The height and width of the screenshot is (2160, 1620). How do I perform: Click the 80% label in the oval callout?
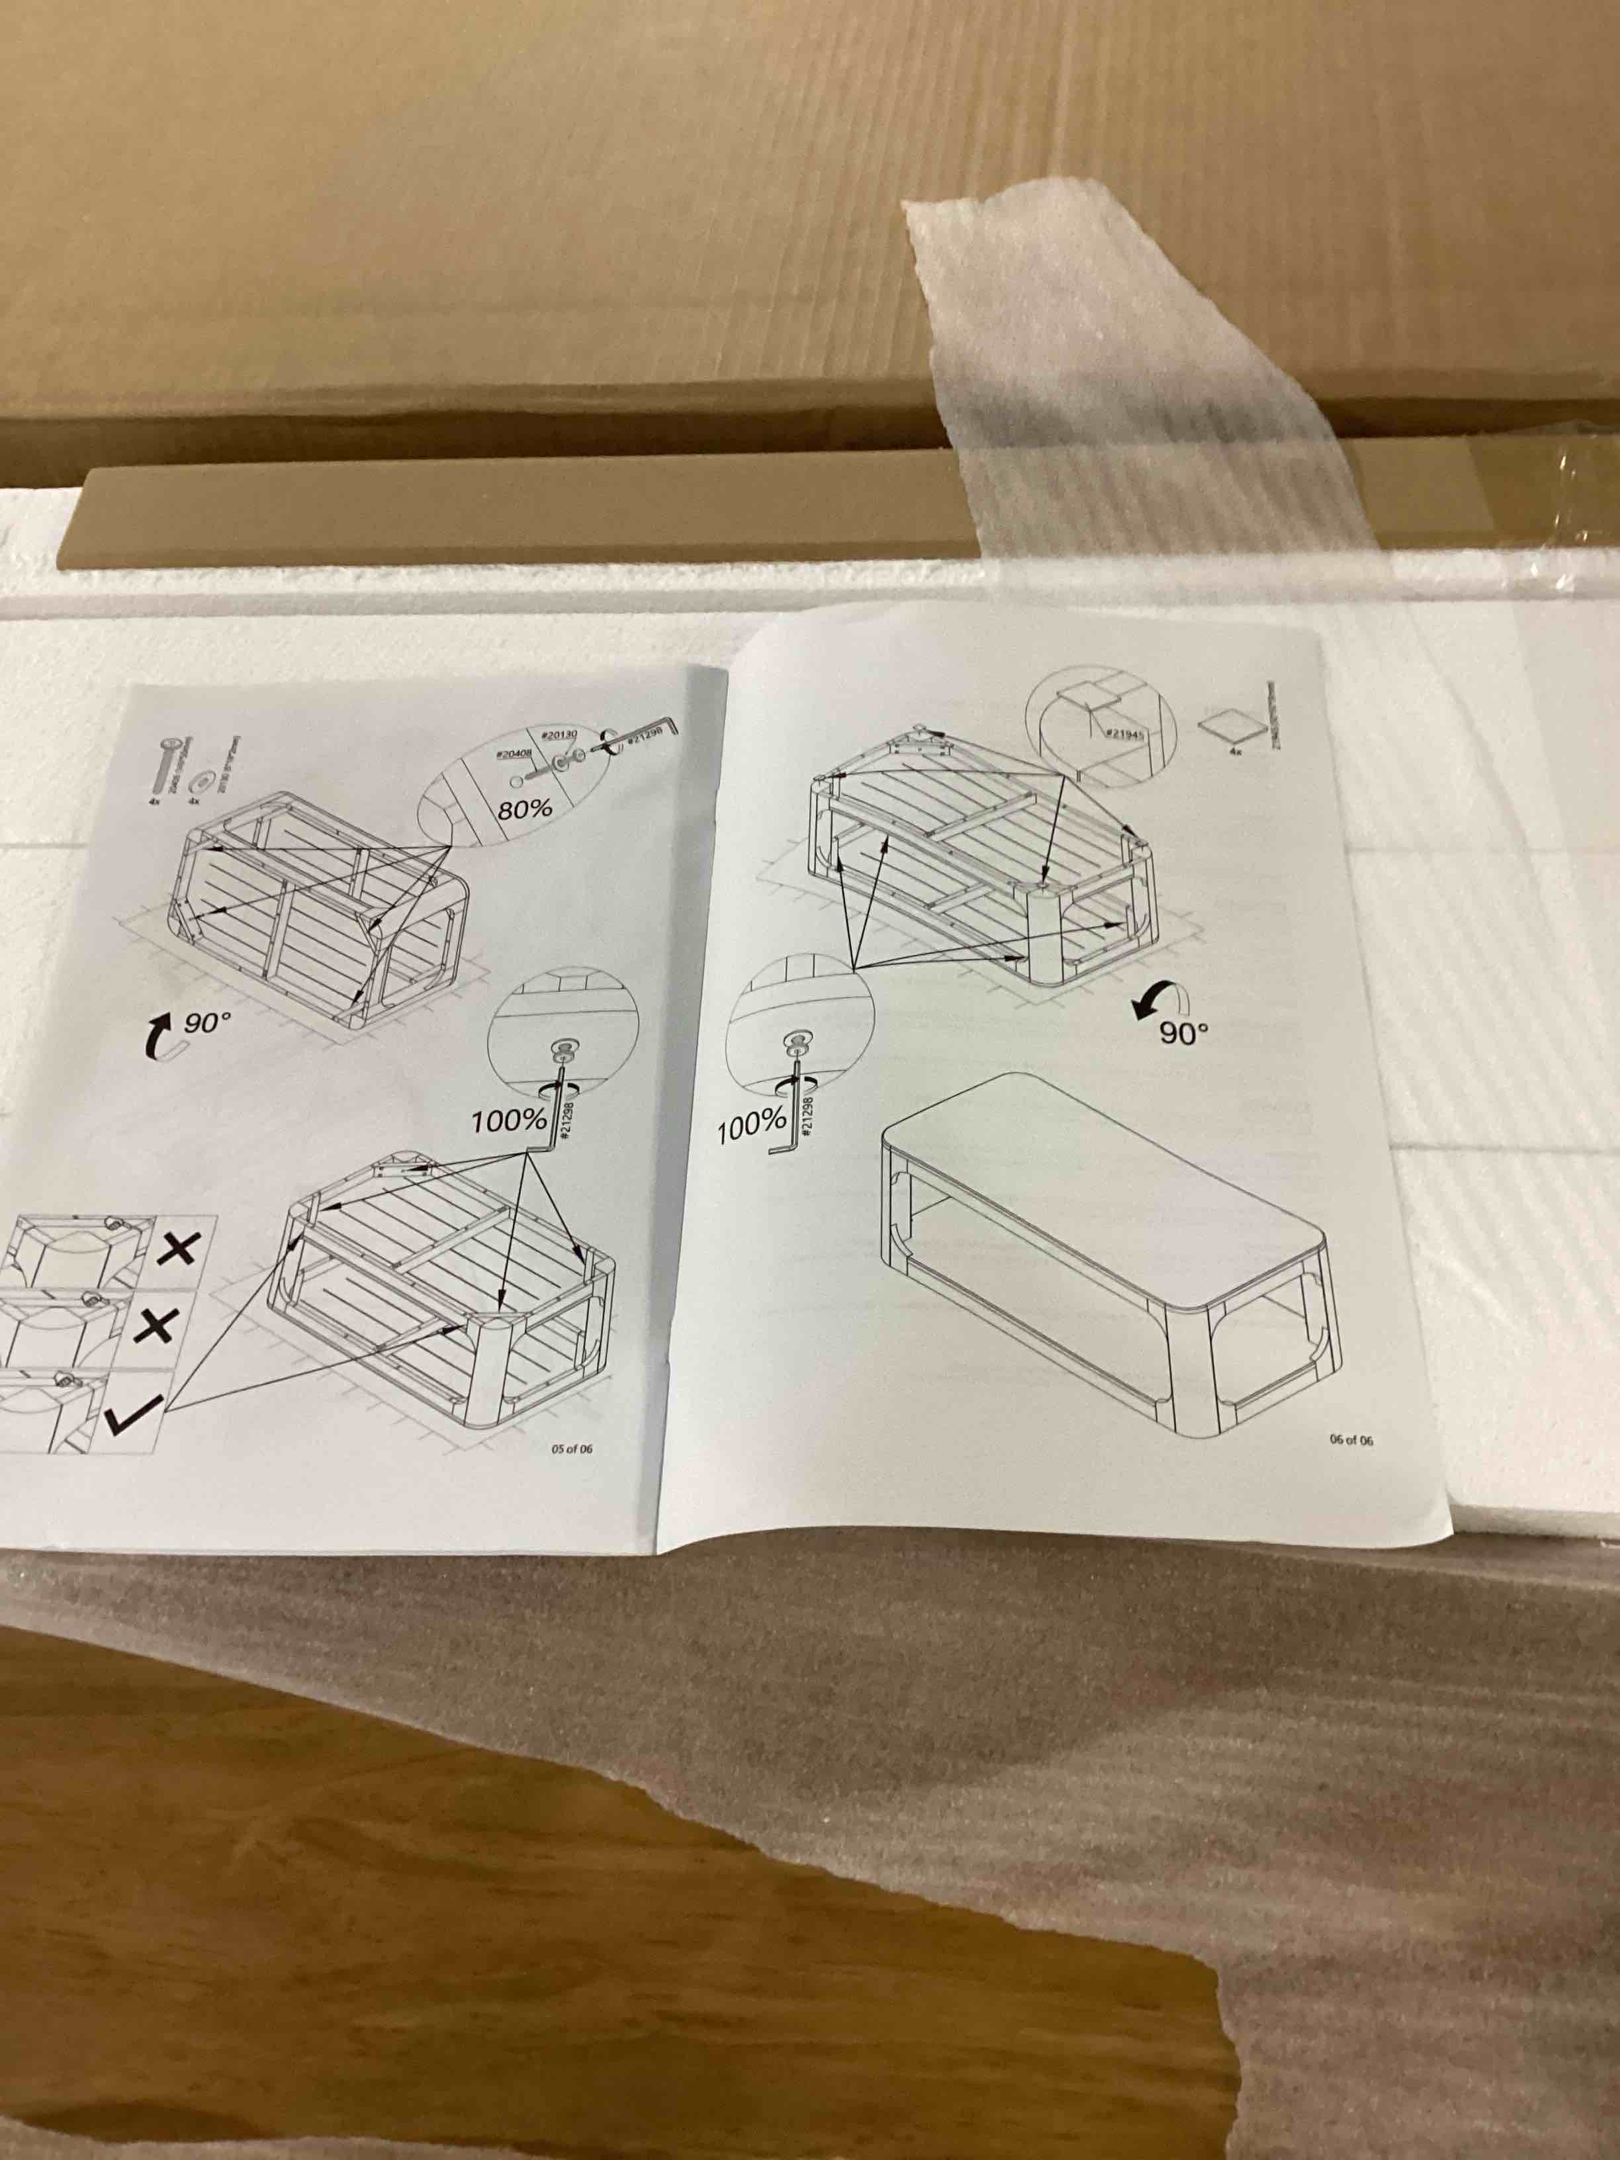click(x=525, y=809)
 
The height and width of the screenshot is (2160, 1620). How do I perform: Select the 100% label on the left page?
click(x=509, y=1122)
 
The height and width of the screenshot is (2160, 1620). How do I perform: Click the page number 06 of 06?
click(x=1351, y=1440)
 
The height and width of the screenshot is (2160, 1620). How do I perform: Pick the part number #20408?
click(x=513, y=755)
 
